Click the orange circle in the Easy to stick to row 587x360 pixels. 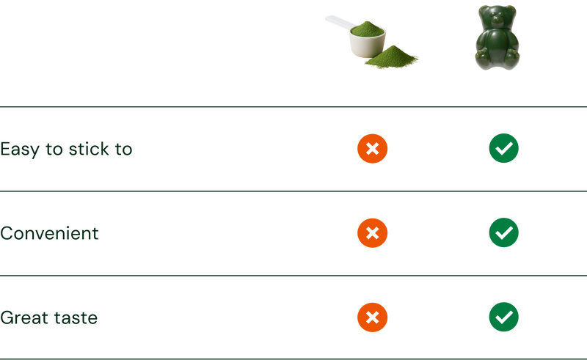click(x=372, y=148)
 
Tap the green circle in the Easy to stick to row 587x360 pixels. click(x=503, y=148)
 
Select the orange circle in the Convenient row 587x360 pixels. click(x=372, y=233)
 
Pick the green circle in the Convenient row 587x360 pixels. click(x=503, y=233)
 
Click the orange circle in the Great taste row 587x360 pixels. click(x=372, y=317)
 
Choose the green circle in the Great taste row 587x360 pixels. click(x=503, y=317)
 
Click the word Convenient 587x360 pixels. click(x=49, y=234)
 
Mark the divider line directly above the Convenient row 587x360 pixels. click(x=293, y=191)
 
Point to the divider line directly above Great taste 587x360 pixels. click(x=293, y=276)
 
